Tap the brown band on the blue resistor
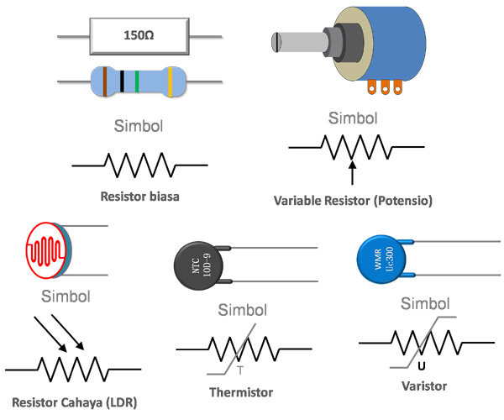(x=105, y=81)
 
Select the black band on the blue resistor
(x=123, y=81)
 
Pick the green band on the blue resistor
(x=136, y=81)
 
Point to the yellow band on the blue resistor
(x=171, y=81)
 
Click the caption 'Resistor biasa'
(x=139, y=197)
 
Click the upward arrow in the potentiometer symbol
(x=352, y=171)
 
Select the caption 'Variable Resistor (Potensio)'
(x=353, y=202)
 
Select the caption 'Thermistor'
(x=240, y=391)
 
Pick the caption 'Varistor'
(x=424, y=386)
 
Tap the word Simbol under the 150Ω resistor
(x=139, y=128)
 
